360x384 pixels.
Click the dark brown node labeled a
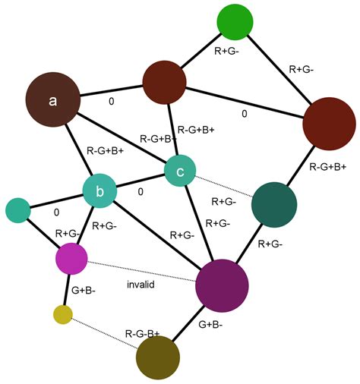(x=53, y=100)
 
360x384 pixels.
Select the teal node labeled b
(x=99, y=193)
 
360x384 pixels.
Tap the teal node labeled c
(x=180, y=171)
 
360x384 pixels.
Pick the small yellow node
(x=63, y=313)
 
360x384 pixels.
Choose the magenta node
(x=71, y=260)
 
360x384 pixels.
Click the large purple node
(x=222, y=285)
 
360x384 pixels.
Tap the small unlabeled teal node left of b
(x=17, y=211)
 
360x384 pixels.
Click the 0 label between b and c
(x=141, y=192)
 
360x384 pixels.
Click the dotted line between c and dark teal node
(x=224, y=187)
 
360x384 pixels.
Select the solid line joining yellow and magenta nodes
(x=67, y=290)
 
